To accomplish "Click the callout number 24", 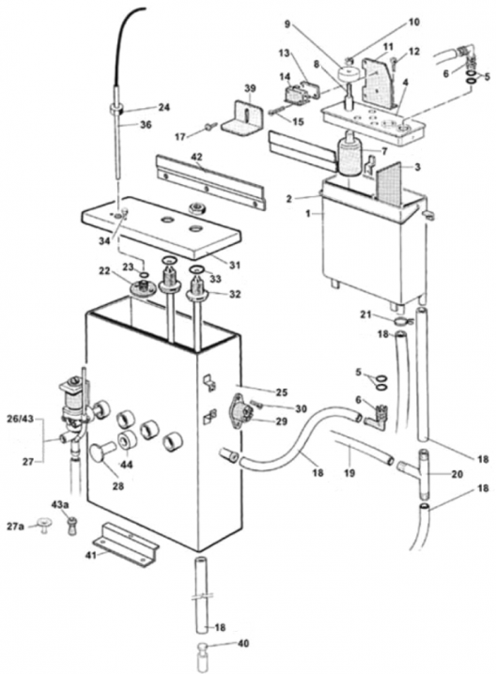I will point(165,107).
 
